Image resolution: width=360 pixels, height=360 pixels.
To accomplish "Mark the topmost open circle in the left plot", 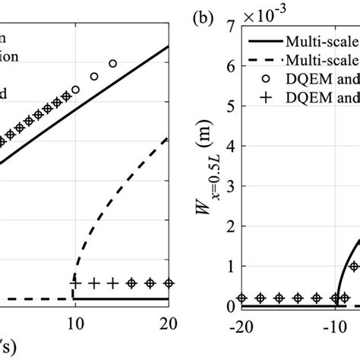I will (113, 64).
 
